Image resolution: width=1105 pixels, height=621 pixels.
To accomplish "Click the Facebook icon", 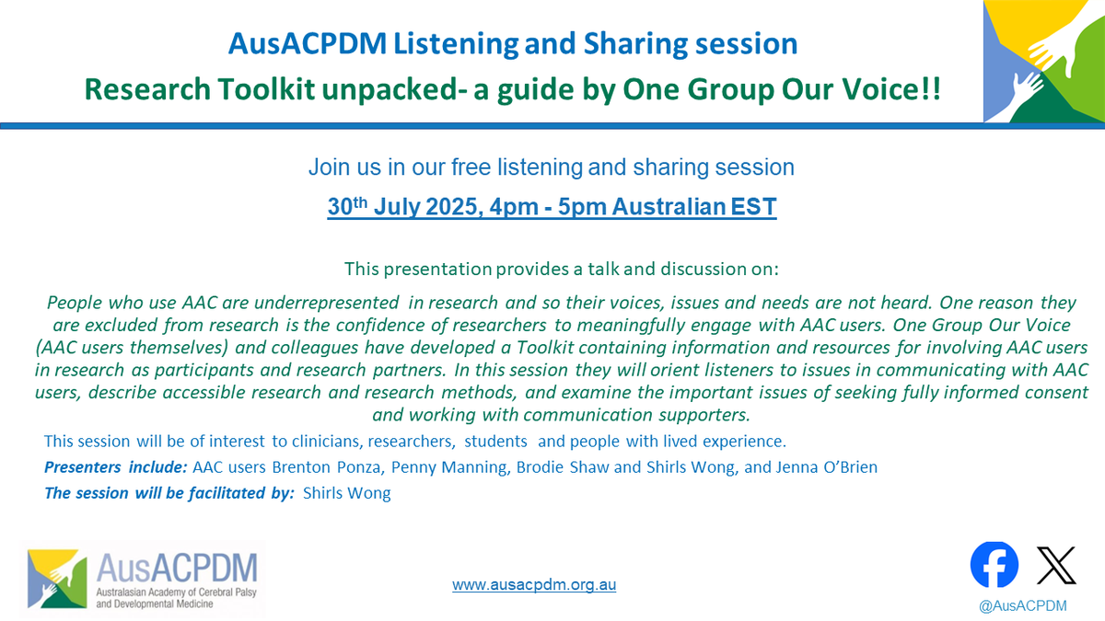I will (994, 565).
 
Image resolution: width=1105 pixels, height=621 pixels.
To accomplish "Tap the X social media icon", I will (1056, 565).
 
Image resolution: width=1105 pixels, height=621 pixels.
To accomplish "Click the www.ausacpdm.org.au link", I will (534, 584).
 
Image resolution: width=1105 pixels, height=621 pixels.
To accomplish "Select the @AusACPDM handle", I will (1025, 605).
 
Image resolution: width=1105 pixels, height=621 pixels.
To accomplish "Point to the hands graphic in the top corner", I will (1044, 62).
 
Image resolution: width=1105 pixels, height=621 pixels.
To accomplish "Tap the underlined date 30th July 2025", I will (396, 208).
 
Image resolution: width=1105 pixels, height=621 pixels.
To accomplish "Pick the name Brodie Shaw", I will (564, 467).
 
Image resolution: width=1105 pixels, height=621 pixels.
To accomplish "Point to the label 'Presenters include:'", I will (116, 467).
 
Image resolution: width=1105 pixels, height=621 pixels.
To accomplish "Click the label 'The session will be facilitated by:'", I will (169, 493).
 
